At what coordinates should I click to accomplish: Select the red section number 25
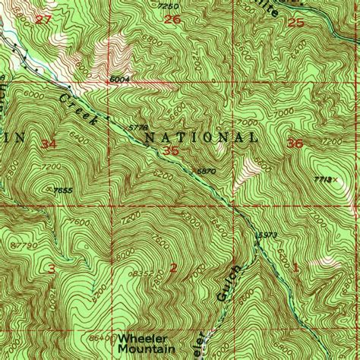[296, 24]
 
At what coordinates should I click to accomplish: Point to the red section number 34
[50, 144]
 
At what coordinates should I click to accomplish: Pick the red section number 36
[295, 143]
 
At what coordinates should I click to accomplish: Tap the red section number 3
[51, 269]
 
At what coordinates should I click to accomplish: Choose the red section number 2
[173, 267]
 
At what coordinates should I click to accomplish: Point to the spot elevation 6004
[119, 77]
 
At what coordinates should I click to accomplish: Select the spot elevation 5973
[265, 235]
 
